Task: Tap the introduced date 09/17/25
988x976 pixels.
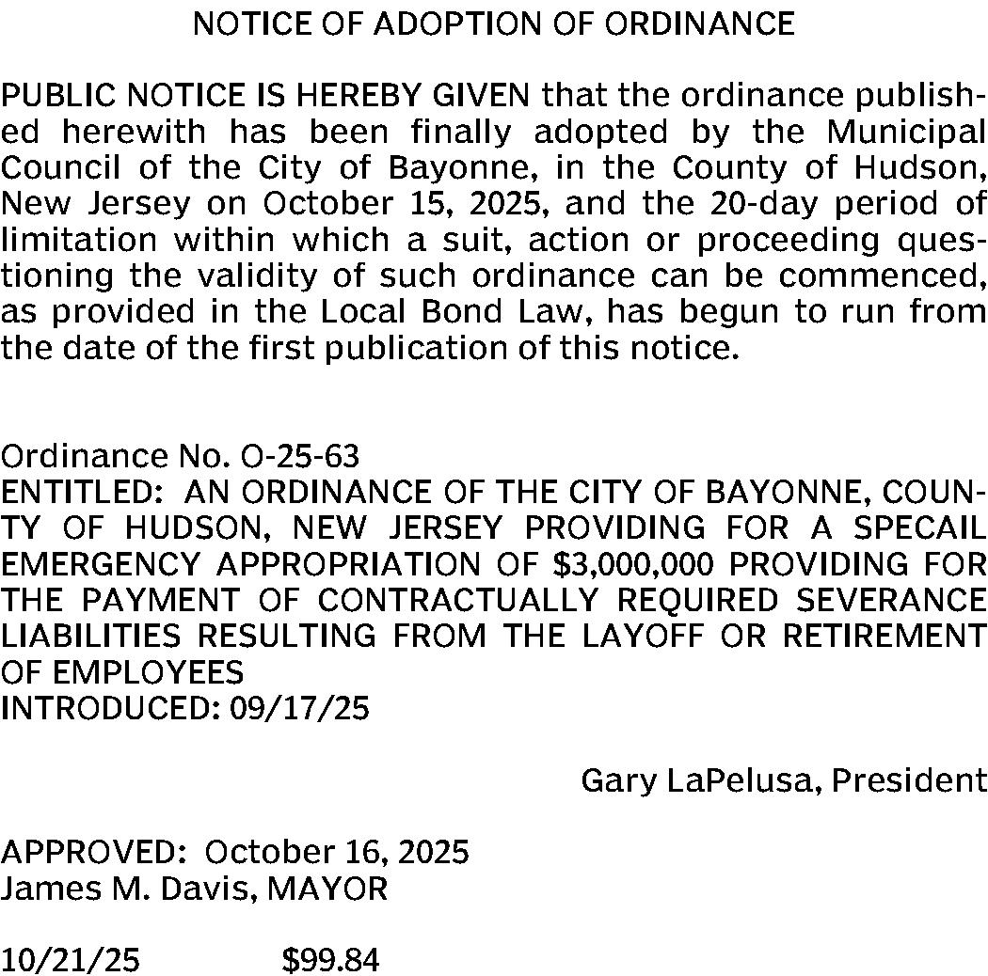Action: (299, 708)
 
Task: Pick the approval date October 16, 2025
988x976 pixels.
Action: (336, 852)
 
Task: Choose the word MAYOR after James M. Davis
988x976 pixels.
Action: (327, 888)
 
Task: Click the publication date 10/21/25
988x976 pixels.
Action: (70, 960)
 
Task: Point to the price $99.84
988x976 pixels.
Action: (330, 960)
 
